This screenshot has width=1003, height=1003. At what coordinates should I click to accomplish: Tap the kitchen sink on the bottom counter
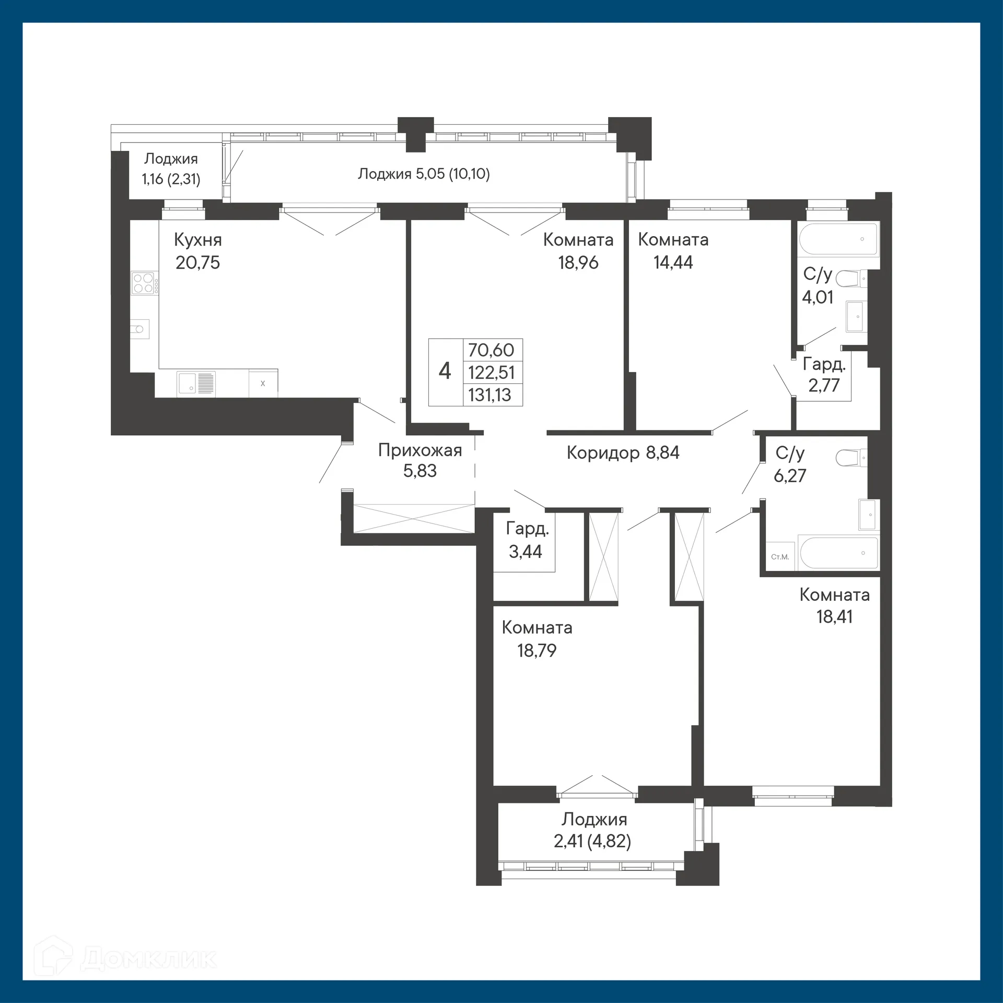196,383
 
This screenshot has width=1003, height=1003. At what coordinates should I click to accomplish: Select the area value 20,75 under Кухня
197,262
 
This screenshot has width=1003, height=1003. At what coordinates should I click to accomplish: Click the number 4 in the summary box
445,371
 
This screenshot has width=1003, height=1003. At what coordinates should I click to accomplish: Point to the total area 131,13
489,395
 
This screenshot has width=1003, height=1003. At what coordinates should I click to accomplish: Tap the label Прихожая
420,450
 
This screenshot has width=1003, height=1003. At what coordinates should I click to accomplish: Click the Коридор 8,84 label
623,452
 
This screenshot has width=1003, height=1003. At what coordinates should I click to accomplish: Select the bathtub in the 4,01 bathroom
838,239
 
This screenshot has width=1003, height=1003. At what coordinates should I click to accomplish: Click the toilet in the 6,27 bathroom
849,458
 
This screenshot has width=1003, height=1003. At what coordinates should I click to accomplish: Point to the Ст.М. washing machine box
779,557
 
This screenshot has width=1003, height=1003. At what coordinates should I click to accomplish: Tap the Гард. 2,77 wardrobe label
824,375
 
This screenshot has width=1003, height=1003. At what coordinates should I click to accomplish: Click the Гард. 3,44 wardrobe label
527,540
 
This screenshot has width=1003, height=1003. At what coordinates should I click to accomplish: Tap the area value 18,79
537,650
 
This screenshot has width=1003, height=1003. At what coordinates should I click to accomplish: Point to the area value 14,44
673,262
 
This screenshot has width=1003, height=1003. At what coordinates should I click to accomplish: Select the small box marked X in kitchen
263,383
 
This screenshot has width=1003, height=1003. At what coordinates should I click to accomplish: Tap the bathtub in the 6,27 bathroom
838,553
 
